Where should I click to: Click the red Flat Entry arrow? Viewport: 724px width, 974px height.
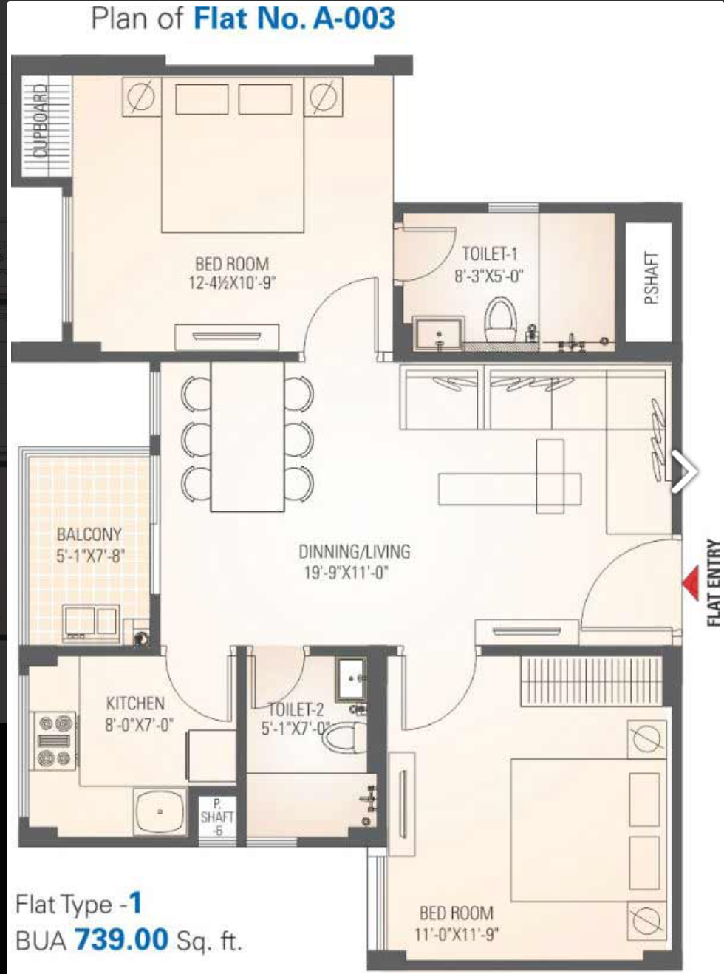pyautogui.click(x=691, y=583)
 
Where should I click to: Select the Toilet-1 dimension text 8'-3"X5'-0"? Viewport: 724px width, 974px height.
pyautogui.click(x=488, y=276)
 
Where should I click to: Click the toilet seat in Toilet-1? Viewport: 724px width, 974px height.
pyautogui.click(x=500, y=319)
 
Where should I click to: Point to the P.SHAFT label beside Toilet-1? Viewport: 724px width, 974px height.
pyautogui.click(x=651, y=278)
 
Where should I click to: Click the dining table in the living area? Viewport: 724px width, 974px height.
pyautogui.click(x=247, y=437)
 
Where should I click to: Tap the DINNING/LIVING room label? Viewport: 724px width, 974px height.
pyautogui.click(x=355, y=551)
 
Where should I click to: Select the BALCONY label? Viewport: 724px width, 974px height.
pyautogui.click(x=89, y=534)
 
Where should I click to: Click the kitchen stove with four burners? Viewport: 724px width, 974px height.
pyautogui.click(x=55, y=740)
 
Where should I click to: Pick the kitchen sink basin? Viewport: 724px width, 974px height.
pyautogui.click(x=160, y=811)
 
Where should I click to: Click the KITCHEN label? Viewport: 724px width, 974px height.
pyautogui.click(x=135, y=704)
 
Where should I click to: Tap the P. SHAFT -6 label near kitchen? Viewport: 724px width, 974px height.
pyautogui.click(x=217, y=817)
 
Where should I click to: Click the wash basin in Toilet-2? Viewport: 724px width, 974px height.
pyautogui.click(x=351, y=679)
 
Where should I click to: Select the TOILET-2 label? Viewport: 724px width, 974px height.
pyautogui.click(x=295, y=709)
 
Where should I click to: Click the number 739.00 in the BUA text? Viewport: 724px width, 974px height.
pyautogui.click(x=121, y=939)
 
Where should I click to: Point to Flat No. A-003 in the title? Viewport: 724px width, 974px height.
pyautogui.click(x=294, y=18)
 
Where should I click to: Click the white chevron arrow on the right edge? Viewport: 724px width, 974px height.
pyautogui.click(x=685, y=471)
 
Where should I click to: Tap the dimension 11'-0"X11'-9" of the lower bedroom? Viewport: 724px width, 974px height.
pyautogui.click(x=457, y=935)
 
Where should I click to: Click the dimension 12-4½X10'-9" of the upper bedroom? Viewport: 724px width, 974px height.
pyautogui.click(x=232, y=282)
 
